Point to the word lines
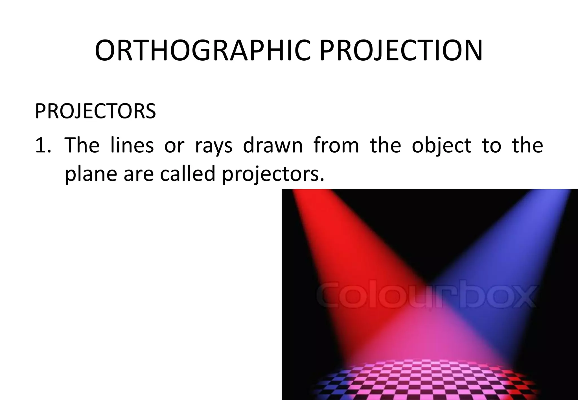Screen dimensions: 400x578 pyautogui.click(x=132, y=146)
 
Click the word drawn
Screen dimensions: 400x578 pyautogui.click(x=273, y=146)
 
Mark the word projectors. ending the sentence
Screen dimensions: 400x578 pyautogui.click(x=273, y=174)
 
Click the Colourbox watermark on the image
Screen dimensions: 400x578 pyautogui.click(x=426, y=296)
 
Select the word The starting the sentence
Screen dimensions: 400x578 pyautogui.click(x=82, y=146)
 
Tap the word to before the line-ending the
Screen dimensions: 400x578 pyautogui.click(x=491, y=146)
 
